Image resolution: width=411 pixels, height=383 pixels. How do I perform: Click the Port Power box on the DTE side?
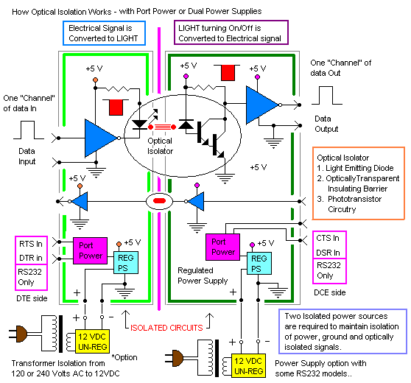coord(90,250)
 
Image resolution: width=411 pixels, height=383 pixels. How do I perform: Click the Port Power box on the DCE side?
coord(222,247)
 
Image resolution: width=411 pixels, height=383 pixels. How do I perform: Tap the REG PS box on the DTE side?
coord(126,263)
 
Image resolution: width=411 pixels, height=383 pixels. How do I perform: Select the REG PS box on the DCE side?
coord(259,263)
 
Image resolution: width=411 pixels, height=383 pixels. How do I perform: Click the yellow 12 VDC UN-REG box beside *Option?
coord(92,341)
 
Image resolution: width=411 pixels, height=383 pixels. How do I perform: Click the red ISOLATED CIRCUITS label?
coord(166,328)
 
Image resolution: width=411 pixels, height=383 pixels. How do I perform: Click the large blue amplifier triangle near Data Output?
coord(262,105)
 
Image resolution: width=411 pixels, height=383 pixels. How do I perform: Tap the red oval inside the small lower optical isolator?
coord(159,201)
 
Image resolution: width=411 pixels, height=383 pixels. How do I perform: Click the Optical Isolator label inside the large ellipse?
coord(160,146)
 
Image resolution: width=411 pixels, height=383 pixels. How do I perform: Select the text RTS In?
coord(31,244)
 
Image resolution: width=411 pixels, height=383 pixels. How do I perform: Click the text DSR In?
coord(328,253)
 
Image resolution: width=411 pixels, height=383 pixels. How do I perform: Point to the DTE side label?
coord(32,298)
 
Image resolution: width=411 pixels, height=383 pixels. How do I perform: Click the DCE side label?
coord(330,292)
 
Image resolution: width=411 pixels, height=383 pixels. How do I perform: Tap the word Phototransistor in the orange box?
coord(354,199)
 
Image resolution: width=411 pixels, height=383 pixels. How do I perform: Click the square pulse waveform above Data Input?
coord(29,130)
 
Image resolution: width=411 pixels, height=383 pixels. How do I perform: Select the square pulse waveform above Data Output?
coord(326,96)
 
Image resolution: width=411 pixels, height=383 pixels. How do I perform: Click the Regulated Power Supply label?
coord(203,275)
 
